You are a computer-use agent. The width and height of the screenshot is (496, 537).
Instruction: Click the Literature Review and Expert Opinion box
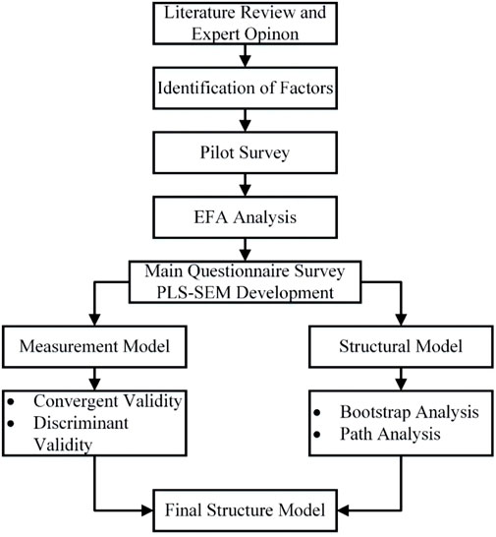pos(248,28)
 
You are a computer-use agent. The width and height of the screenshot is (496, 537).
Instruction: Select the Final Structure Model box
pos(248,510)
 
